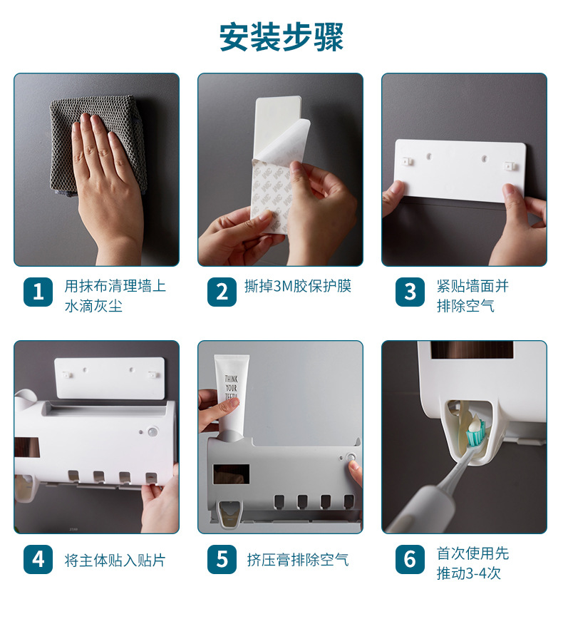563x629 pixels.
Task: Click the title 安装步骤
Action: [x=281, y=37]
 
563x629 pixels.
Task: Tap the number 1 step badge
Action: [x=38, y=292]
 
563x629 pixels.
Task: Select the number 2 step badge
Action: [x=222, y=292]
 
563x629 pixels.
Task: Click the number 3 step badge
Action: [x=410, y=292]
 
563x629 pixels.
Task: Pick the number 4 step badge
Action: [x=38, y=559]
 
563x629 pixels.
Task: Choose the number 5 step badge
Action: [x=222, y=559]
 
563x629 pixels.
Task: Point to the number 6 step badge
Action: [x=410, y=559]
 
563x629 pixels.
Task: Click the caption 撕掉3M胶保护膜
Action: [x=298, y=287]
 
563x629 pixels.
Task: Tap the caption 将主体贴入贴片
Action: [x=115, y=560]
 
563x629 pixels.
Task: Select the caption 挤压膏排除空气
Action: [x=298, y=560]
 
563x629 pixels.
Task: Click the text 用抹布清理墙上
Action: [x=115, y=286]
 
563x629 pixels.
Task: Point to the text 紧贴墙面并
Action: [x=472, y=286]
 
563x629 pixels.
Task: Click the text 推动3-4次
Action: [x=468, y=573]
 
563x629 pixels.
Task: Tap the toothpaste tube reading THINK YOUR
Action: [x=231, y=389]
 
